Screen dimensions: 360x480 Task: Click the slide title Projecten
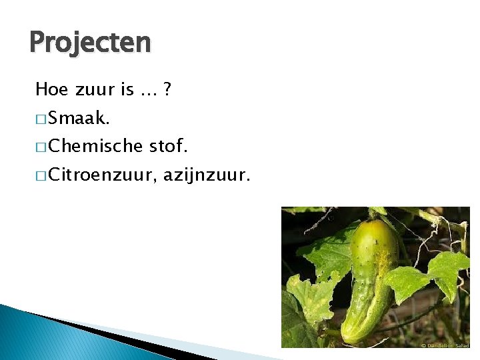tap(90, 43)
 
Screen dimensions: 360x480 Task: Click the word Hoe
tap(49, 89)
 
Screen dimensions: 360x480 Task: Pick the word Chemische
tap(96, 146)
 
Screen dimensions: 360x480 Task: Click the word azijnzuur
tap(206, 176)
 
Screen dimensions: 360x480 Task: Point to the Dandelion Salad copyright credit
tap(444, 345)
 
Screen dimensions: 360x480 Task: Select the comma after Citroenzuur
tap(156, 181)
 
